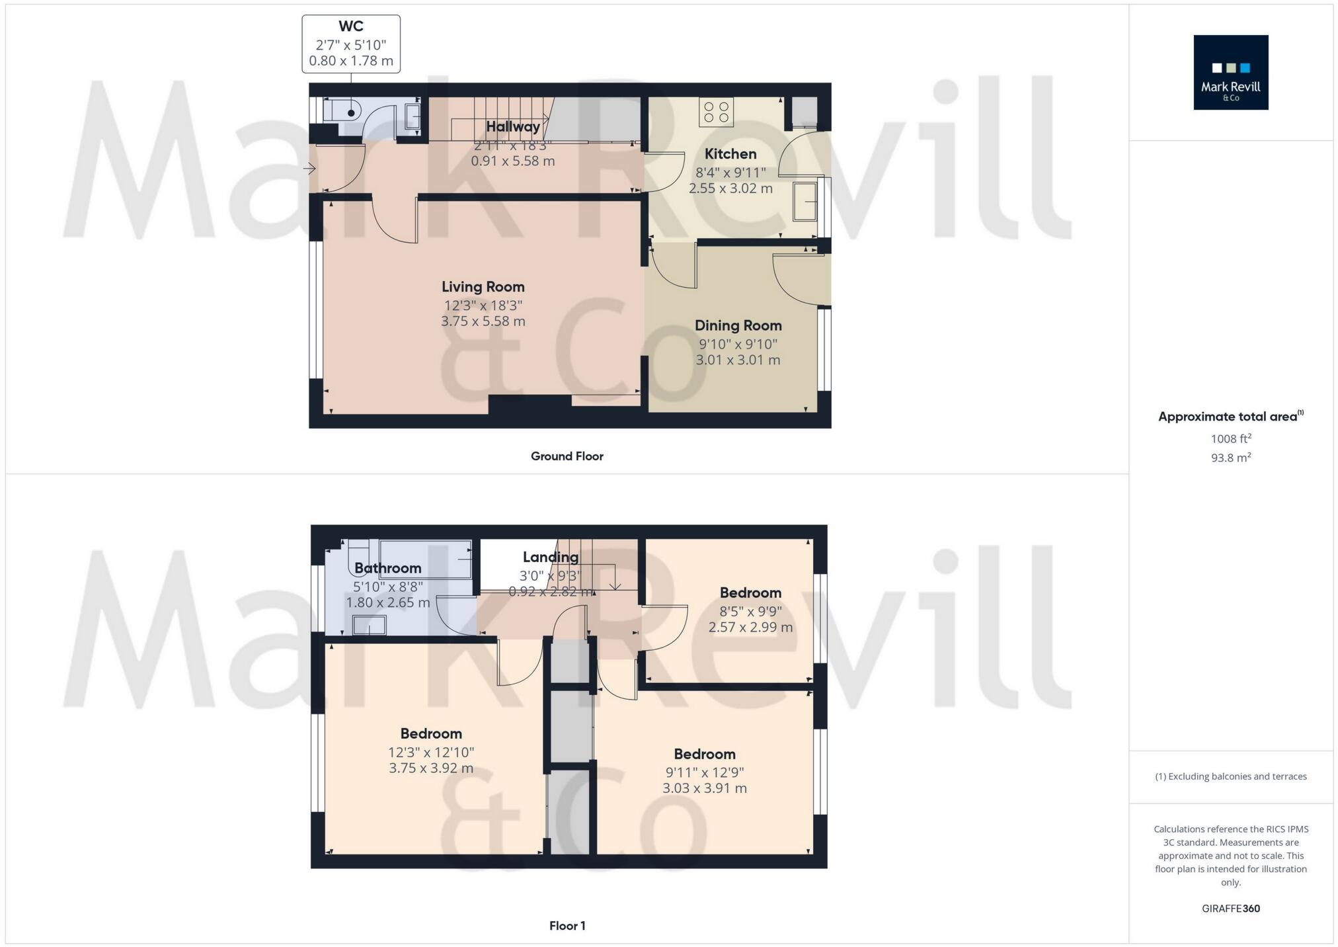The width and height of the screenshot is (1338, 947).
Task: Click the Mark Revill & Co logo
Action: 1230,72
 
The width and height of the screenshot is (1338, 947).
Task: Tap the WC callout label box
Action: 351,44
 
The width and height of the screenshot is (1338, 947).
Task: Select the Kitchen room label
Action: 730,154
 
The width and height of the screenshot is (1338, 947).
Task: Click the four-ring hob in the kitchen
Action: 716,111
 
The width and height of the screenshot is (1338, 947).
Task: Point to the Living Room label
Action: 483,287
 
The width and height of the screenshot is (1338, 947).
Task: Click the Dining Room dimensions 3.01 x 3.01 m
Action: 738,360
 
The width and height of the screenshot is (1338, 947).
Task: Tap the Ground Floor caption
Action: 567,456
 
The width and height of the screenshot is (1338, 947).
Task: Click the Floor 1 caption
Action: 567,926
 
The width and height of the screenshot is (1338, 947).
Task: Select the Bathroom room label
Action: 388,568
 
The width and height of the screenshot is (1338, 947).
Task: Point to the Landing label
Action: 551,557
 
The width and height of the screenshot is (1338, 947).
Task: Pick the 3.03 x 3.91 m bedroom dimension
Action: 705,788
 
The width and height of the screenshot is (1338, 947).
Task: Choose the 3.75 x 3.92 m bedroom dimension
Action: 431,768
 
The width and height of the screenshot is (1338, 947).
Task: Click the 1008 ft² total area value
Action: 1231,438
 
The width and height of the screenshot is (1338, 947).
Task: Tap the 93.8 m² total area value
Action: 1231,458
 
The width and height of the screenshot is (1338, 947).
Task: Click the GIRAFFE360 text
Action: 1231,909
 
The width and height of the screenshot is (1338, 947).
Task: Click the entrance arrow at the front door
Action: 309,169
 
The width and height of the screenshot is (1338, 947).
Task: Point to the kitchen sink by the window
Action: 806,201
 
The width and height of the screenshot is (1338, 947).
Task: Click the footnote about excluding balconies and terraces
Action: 1231,776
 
